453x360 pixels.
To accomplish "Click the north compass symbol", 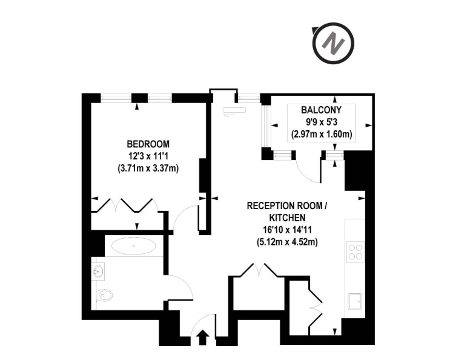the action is pyautogui.click(x=334, y=44).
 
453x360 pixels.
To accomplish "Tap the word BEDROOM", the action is pyautogui.click(x=148, y=144).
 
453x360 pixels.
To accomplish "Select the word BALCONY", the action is pyautogui.click(x=321, y=110).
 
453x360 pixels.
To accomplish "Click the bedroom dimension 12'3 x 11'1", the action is pyautogui.click(x=148, y=156).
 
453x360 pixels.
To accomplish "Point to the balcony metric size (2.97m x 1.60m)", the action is pyautogui.click(x=322, y=135).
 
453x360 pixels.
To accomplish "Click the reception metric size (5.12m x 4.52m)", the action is pyautogui.click(x=287, y=242).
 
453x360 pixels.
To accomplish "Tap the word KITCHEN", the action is pyautogui.click(x=287, y=218).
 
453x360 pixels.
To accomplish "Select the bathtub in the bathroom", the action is pyautogui.click(x=133, y=246).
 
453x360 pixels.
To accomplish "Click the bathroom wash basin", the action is pyautogui.click(x=98, y=272).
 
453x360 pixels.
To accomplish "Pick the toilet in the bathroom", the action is pyautogui.click(x=102, y=296).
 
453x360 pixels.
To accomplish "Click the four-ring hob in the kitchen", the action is pyautogui.click(x=355, y=252).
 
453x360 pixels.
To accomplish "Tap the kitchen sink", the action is pyautogui.click(x=355, y=301).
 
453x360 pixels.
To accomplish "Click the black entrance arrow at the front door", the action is pyautogui.click(x=202, y=338).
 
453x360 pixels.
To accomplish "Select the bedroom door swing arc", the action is pyautogui.click(x=182, y=214).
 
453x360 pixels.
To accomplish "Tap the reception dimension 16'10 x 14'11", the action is pyautogui.click(x=287, y=230).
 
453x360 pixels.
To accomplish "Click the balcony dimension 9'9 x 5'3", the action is pyautogui.click(x=322, y=122).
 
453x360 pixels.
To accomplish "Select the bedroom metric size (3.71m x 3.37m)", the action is pyautogui.click(x=148, y=168).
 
